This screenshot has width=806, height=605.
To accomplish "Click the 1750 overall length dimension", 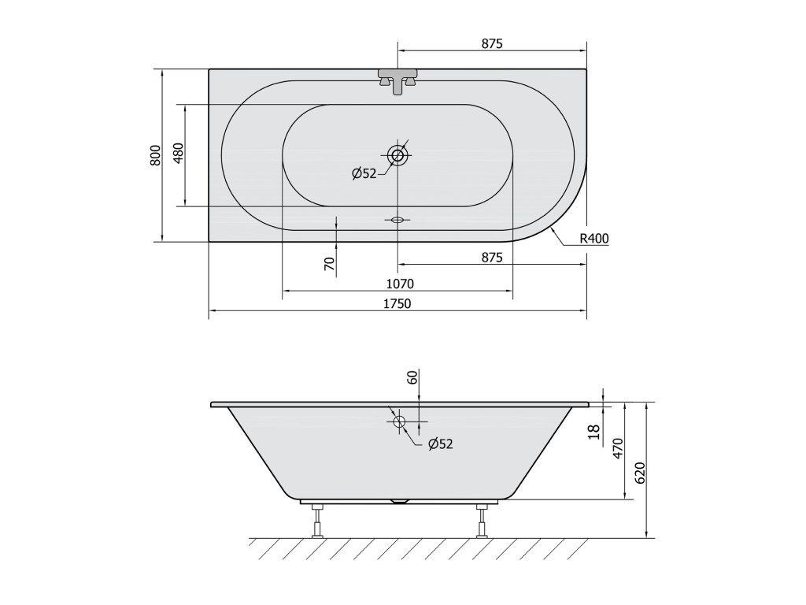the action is (397, 303).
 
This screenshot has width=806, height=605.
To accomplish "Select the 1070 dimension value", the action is (400, 284).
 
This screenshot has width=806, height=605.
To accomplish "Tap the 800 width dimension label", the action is (156, 155).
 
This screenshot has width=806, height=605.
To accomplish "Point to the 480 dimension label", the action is (179, 154).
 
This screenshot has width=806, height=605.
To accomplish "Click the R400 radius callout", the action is (594, 238).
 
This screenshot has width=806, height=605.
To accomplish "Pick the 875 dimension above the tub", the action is (492, 44).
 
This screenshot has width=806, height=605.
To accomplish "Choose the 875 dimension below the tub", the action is (492, 258).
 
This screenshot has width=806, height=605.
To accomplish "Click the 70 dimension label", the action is (330, 264).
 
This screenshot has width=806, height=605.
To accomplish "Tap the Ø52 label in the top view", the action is (364, 174).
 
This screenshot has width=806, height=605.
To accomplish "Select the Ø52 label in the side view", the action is (441, 444).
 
